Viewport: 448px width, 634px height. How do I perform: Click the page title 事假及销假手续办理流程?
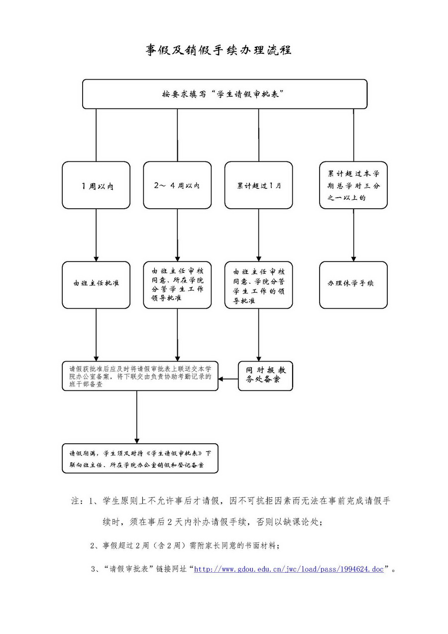(219, 50)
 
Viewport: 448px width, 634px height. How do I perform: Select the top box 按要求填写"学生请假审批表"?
(224, 94)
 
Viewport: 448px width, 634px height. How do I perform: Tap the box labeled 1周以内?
(96, 185)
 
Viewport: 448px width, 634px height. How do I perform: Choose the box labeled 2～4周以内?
(177, 185)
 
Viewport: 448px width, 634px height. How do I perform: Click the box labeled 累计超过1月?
(258, 185)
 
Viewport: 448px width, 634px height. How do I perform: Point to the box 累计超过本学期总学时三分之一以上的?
(353, 185)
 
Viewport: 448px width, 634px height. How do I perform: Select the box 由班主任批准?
(96, 285)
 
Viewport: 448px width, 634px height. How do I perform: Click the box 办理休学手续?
(353, 285)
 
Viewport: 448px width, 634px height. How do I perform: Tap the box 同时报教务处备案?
(265, 376)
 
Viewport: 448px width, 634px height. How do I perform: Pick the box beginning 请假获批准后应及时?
(140, 376)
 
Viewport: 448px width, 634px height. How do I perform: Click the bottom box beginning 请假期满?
(140, 458)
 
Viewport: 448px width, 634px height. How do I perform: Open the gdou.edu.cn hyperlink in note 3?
(289, 569)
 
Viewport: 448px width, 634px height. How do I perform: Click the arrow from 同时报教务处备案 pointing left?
(228, 380)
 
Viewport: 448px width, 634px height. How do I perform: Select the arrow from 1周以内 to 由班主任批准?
(96, 234)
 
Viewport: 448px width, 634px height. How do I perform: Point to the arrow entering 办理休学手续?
(353, 234)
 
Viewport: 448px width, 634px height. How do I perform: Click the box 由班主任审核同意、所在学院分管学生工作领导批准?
(177, 285)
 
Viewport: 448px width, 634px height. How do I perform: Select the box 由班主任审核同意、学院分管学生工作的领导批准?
(258, 285)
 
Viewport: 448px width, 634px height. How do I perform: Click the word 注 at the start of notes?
(77, 501)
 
